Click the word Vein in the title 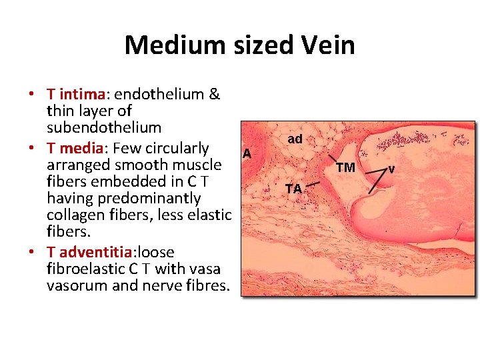point(328,45)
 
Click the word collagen point(75,215)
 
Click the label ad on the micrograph point(295,139)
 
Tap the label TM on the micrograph point(345,167)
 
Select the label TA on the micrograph point(294,189)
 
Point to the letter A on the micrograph point(247,153)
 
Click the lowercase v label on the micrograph point(391,169)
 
